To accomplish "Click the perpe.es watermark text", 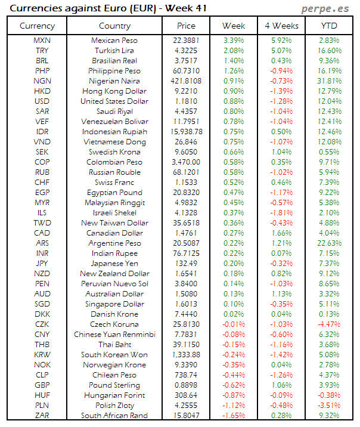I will tap(327, 8).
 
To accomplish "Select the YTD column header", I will tap(330, 26).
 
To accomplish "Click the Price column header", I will tap(186, 26).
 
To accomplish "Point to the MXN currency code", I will tap(42, 40).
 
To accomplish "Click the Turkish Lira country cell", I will tap(114, 51).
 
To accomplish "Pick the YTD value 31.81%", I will tap(330, 81).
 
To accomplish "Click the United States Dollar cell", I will tap(114, 101).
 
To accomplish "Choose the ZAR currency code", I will tap(42, 415).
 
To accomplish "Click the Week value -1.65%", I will tap(233, 415).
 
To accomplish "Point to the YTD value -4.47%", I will tap(330, 324).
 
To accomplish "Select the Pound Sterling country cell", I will tap(114, 385).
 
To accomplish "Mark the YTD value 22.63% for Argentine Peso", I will tap(330, 243).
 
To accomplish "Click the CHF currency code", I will tap(42, 182).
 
